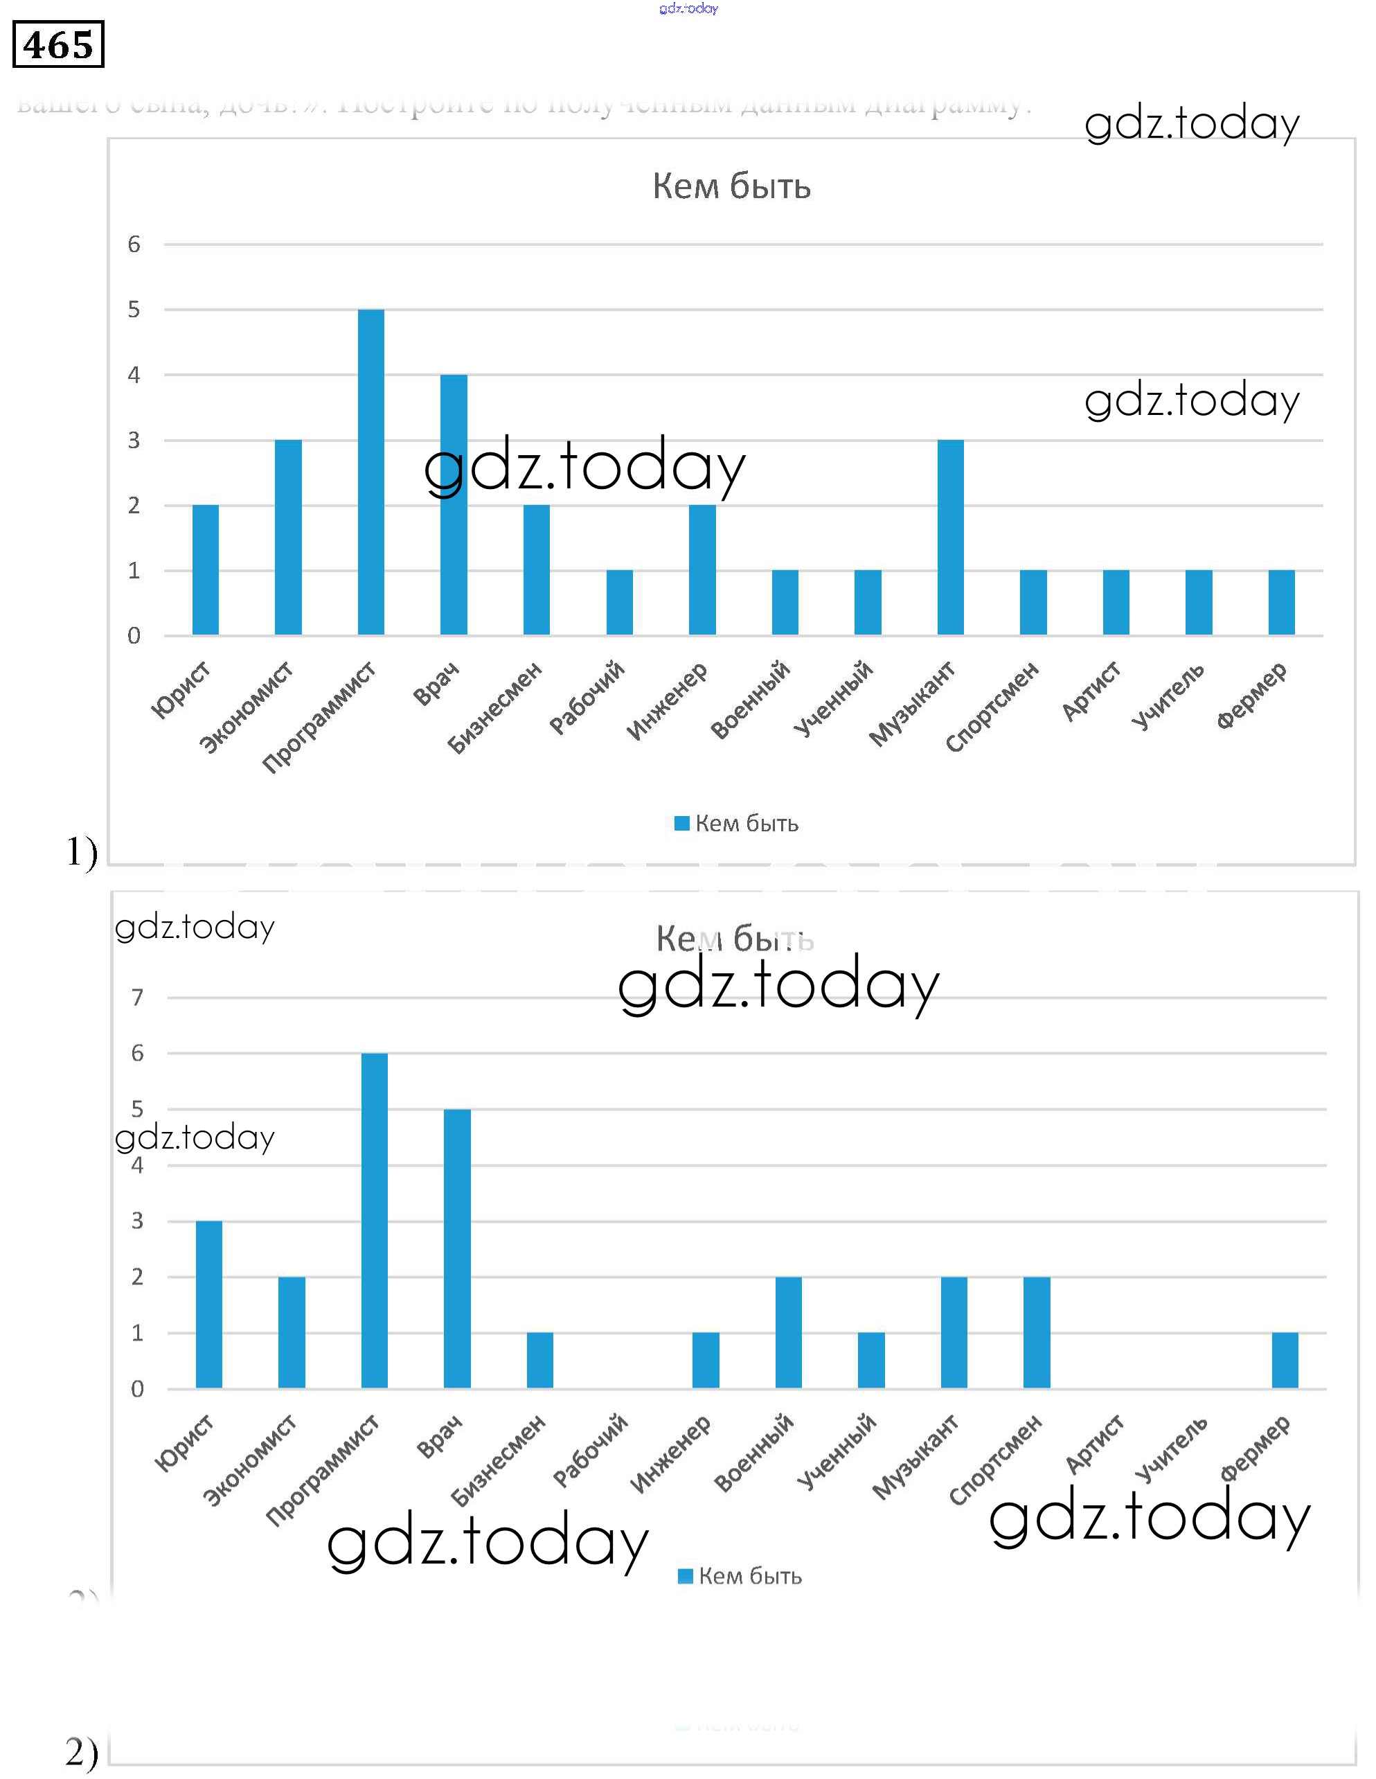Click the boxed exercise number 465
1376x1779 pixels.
(x=57, y=44)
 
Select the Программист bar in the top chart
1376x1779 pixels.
(x=370, y=472)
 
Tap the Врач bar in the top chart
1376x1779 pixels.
(x=454, y=504)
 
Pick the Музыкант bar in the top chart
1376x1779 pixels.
(x=950, y=537)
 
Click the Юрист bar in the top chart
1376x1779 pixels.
(x=205, y=569)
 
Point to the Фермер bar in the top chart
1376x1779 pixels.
(x=1282, y=602)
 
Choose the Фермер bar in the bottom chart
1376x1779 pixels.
(x=1285, y=1361)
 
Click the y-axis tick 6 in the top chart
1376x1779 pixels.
(x=134, y=245)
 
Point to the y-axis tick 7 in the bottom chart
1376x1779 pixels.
(x=138, y=997)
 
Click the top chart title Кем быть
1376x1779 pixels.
(x=731, y=186)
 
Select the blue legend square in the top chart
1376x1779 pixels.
(x=681, y=824)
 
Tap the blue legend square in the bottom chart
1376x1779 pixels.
(x=685, y=1576)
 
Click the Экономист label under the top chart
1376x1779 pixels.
(x=247, y=707)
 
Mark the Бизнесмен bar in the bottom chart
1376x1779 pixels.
(x=540, y=1361)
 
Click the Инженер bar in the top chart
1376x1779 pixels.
(x=702, y=569)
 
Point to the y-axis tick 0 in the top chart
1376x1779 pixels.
(x=134, y=635)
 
